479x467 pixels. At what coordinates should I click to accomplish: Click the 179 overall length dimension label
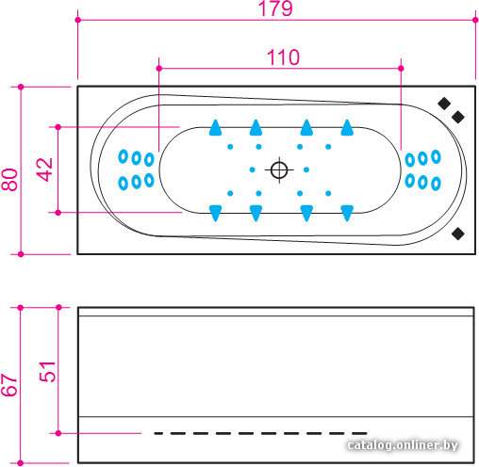click(x=275, y=8)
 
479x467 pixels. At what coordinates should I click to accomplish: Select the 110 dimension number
click(x=283, y=57)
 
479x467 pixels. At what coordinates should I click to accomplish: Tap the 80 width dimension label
click(x=9, y=180)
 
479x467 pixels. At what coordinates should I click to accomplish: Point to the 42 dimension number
click(x=45, y=169)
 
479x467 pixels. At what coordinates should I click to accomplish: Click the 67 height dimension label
click(x=8, y=385)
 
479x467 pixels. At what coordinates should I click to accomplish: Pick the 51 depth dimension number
click(x=47, y=372)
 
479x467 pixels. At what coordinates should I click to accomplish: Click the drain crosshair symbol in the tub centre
click(x=279, y=170)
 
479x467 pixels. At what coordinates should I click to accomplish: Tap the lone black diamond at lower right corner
click(x=458, y=233)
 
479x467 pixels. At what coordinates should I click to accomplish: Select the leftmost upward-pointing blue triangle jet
click(x=216, y=127)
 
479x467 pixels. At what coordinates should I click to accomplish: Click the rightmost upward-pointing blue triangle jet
click(x=347, y=127)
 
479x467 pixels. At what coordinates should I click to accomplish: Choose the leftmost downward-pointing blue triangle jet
click(x=216, y=214)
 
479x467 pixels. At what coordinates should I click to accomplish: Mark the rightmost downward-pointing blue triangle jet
click(x=347, y=214)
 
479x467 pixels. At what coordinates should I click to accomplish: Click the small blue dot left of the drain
click(x=252, y=169)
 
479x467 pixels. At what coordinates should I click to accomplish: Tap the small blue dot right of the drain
click(x=306, y=169)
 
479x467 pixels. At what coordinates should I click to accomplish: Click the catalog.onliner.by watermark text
click(x=403, y=444)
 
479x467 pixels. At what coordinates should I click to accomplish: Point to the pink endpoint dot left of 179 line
click(x=78, y=20)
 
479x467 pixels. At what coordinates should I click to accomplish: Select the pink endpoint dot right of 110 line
click(x=401, y=68)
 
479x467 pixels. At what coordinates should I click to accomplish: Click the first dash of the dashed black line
click(x=158, y=433)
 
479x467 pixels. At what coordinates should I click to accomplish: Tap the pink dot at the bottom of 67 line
click(x=21, y=463)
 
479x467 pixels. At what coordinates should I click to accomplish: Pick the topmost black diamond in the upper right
click(x=444, y=104)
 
